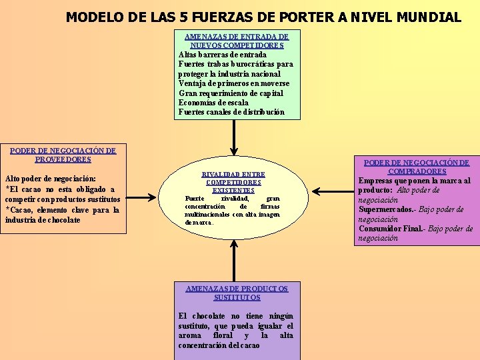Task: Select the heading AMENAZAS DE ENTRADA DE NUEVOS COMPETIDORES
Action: pyautogui.click(x=237, y=41)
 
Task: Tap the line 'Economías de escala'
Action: pyautogui.click(x=213, y=103)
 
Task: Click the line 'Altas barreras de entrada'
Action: pyautogui.click(x=223, y=55)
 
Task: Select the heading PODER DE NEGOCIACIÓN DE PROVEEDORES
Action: pyautogui.click(x=63, y=155)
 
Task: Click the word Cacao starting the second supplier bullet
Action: pyautogui.click(x=22, y=210)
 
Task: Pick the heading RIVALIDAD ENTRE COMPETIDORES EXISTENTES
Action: pyautogui.click(x=233, y=182)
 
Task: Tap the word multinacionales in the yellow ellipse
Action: pyautogui.click(x=208, y=215)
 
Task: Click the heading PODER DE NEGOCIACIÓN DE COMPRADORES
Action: pyautogui.click(x=417, y=167)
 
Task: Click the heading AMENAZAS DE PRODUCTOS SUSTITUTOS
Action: pyautogui.click(x=237, y=293)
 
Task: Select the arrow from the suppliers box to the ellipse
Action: pyautogui.click(x=141, y=197)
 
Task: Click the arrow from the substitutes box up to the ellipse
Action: pyautogui.click(x=234, y=260)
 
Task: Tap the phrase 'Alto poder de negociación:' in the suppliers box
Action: pyautogui.click(x=50, y=179)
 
